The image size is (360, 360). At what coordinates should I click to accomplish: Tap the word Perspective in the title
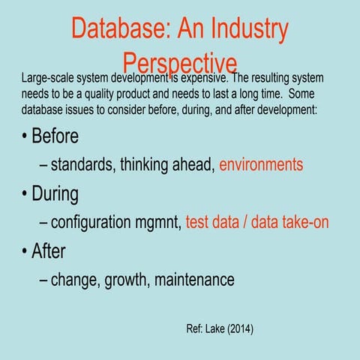181,62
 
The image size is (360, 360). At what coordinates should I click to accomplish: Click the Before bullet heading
54,137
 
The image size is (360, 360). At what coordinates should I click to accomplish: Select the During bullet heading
54,194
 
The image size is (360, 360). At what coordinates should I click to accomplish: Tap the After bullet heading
48,251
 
